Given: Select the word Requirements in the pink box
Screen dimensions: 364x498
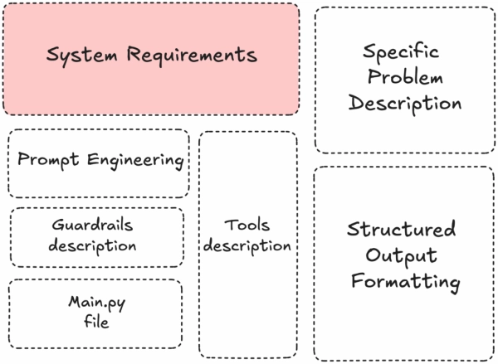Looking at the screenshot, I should point(192,56).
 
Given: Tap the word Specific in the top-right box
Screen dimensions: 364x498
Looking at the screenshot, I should point(404,52).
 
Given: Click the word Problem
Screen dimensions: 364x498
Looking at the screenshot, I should point(404,78).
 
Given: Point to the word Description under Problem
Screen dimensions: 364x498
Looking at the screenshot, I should point(404,104).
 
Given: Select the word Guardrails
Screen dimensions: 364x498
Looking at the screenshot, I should point(97,225).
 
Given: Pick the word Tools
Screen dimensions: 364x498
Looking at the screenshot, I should point(247,226).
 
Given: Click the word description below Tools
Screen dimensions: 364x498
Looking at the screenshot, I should point(247,246).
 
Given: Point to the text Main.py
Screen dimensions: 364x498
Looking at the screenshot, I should point(96,301).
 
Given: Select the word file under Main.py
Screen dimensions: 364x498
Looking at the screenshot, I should point(96,322).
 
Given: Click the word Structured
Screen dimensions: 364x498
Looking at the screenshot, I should point(402,230).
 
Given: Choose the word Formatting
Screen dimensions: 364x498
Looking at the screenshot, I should point(405,282).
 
